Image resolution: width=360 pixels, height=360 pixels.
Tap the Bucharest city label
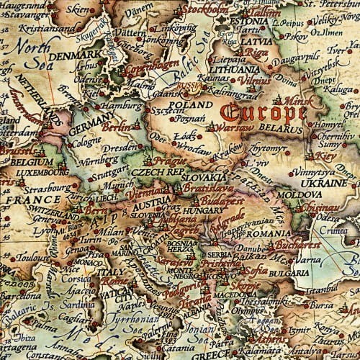pos(296,245)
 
